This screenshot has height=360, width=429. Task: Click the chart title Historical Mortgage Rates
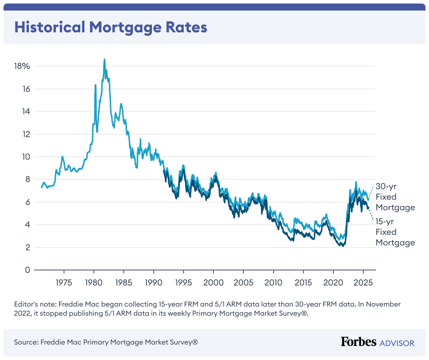tap(111, 27)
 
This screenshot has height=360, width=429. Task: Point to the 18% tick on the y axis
tap(22, 66)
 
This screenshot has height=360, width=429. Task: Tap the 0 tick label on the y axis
tap(27, 270)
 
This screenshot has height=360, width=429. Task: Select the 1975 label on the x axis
tap(64, 283)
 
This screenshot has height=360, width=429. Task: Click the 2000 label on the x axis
tap(213, 283)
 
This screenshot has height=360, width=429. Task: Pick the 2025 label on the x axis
tap(363, 283)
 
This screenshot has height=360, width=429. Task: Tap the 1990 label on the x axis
tap(154, 283)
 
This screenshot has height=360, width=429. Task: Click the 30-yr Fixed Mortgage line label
tap(395, 197)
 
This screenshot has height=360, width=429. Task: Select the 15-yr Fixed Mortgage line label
tap(395, 232)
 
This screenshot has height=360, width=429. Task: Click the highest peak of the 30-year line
tap(104, 60)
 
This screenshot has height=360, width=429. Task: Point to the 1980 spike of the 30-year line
tap(95, 85)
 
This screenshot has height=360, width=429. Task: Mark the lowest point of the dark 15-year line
tap(342, 246)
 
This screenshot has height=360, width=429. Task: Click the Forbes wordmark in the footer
tap(358, 342)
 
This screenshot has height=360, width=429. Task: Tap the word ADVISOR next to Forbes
tap(397, 343)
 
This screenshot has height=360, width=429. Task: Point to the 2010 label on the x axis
tap(273, 283)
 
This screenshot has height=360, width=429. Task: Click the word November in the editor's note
tap(383, 304)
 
